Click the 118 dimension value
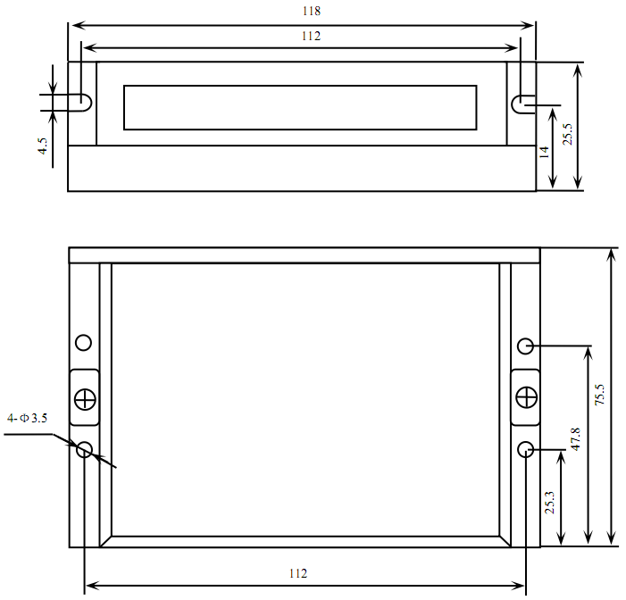click(312, 11)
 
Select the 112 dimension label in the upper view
click(311, 36)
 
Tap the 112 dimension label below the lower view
click(298, 573)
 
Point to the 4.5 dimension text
click(42, 146)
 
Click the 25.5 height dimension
click(567, 134)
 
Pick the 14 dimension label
click(544, 152)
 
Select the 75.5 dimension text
click(599, 395)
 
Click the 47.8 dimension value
click(575, 439)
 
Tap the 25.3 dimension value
click(550, 503)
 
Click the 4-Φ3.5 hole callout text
click(27, 418)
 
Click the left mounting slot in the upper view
click(86, 103)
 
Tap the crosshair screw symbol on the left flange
click(85, 399)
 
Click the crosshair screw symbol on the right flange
click(527, 397)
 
